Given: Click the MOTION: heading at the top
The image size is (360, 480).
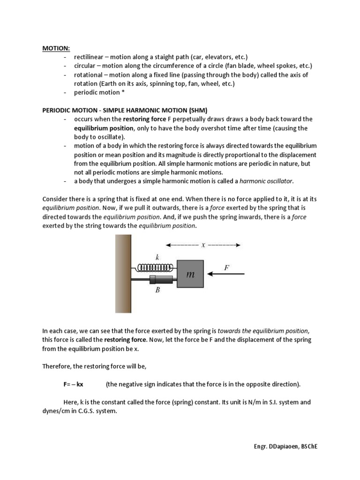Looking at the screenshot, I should [x=56, y=48].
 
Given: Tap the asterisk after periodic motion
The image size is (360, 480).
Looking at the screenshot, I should [x=123, y=92].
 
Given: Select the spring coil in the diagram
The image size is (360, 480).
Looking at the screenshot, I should [x=154, y=268].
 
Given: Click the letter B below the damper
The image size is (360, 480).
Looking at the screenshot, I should [x=157, y=290].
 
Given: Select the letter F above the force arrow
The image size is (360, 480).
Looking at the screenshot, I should [x=226, y=267].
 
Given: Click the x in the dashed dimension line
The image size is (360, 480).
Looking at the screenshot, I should [x=203, y=245].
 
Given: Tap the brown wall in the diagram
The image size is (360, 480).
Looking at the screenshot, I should [x=123, y=274].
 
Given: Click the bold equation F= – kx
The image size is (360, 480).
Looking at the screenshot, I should [x=74, y=384].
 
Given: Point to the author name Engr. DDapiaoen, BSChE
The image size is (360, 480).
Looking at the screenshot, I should [x=283, y=447].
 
